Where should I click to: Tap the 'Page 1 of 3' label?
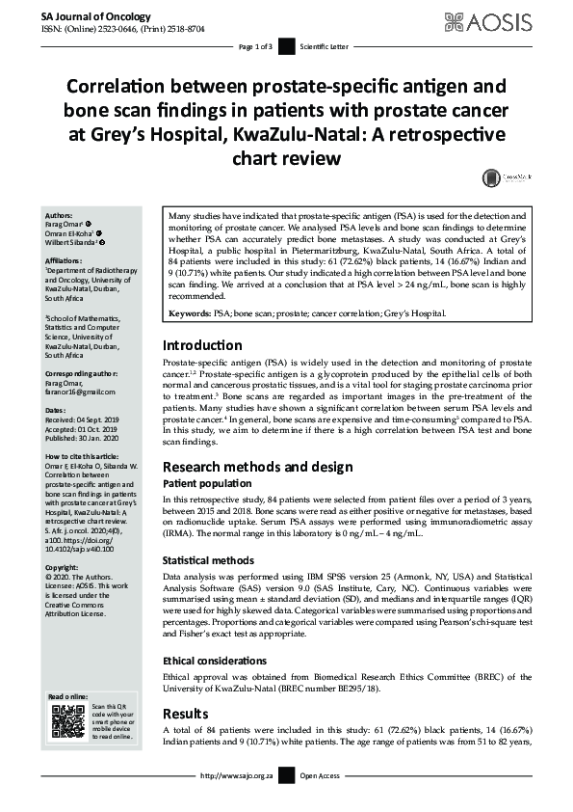pyautogui.click(x=256, y=45)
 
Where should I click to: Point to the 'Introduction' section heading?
pyautogui.click(x=202, y=345)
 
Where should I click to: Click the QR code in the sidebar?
pyautogui.click(x=67, y=722)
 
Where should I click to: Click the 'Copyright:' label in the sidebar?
pyautogui.click(x=63, y=569)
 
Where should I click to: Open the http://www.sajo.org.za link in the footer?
pyautogui.click(x=236, y=775)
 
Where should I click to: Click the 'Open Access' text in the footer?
pyautogui.click(x=322, y=775)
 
